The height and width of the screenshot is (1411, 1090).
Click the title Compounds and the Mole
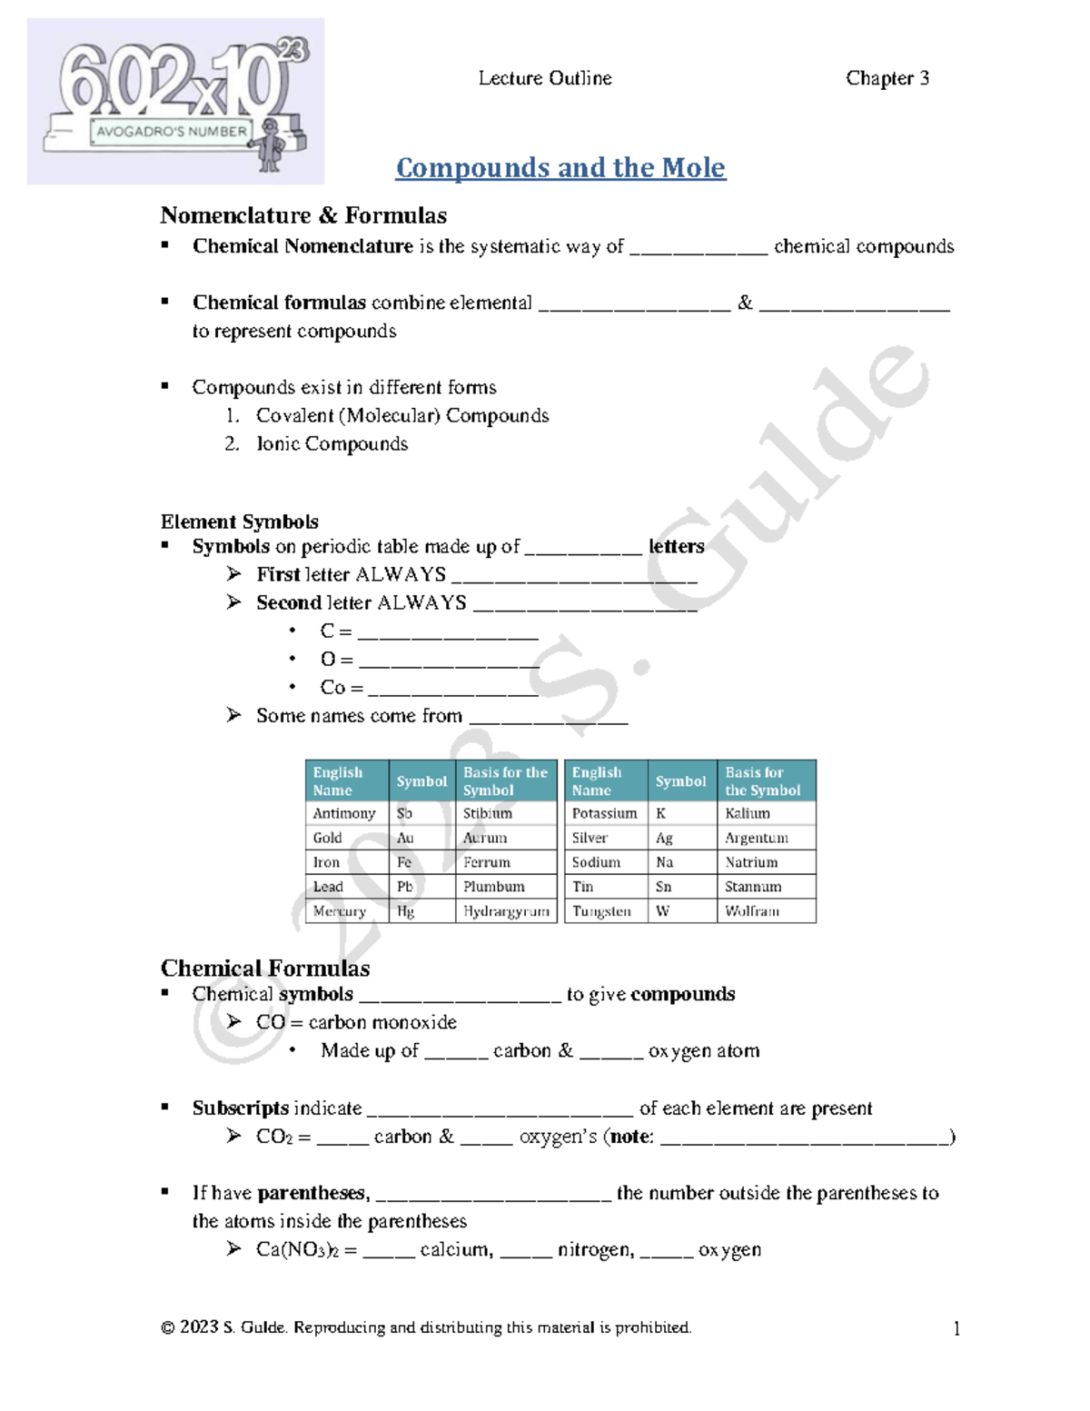pos(560,168)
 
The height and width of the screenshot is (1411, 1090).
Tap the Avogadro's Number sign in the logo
pos(171,131)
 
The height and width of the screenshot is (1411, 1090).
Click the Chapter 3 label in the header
pos(887,78)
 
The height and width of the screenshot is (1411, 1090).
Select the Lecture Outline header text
pos(544,78)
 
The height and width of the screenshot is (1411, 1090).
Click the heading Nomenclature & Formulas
pos(303,215)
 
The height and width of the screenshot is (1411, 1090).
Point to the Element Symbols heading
pos(239,522)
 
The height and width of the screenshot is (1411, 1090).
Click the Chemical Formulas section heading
pos(264,968)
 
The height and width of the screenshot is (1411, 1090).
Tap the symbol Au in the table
pos(405,838)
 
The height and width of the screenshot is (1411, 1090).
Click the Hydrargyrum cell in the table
pos(506,910)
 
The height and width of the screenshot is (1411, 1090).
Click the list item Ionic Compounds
pos(332,443)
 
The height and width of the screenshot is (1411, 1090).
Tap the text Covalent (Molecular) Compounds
pos(402,415)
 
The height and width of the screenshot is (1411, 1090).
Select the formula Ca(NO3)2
pos(297,1249)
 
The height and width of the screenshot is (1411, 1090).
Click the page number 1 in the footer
pos(956,1328)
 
